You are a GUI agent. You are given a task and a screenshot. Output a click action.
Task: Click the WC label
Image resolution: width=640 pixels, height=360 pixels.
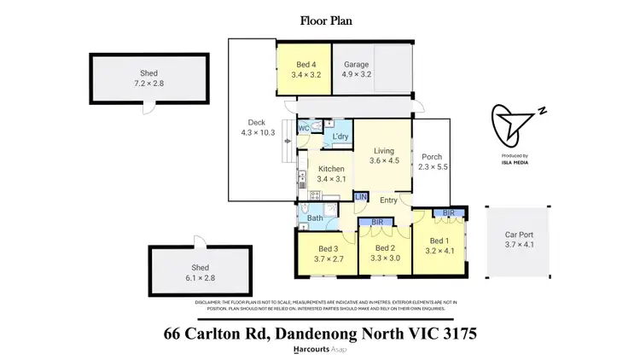tap(303, 129)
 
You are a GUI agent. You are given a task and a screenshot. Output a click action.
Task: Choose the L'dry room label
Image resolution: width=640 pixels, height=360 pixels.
tap(340, 136)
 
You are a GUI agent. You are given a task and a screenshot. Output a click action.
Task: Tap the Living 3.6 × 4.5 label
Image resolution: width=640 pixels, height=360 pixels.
tap(384, 156)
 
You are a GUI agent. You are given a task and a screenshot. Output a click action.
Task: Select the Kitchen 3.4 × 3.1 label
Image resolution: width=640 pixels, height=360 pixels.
tap(330, 174)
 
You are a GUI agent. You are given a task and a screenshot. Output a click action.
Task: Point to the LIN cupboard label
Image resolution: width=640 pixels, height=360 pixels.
tap(360, 197)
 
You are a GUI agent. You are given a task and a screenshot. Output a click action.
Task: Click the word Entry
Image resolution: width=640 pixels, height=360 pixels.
tap(388, 200)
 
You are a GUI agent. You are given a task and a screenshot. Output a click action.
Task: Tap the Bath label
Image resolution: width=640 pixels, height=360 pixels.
tap(315, 218)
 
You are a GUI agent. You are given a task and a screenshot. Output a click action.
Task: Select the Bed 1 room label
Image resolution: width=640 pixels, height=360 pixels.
tap(439, 246)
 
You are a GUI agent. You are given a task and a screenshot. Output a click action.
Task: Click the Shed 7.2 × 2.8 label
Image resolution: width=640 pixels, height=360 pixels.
tap(149, 78)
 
